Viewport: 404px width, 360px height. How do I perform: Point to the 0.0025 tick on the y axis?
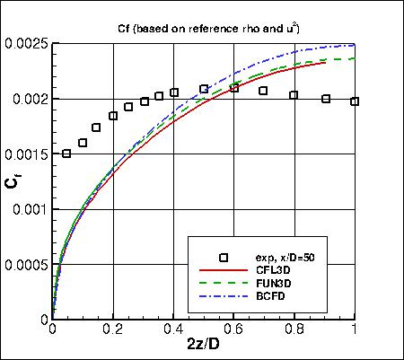pos(26,43)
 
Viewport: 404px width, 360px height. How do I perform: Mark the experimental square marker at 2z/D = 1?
pos(355,101)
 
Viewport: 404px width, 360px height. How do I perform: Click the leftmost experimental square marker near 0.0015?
pos(66,154)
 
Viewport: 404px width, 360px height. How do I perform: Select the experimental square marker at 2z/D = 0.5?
pos(204,89)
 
